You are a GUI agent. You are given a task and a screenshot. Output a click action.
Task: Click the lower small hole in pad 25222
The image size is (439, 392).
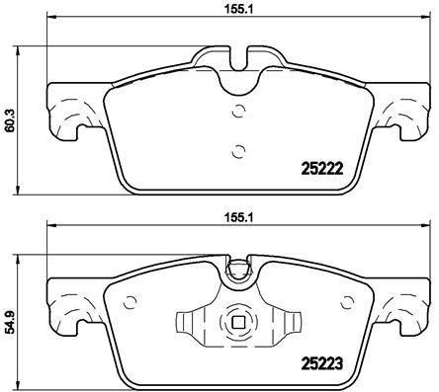point(235,151)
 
